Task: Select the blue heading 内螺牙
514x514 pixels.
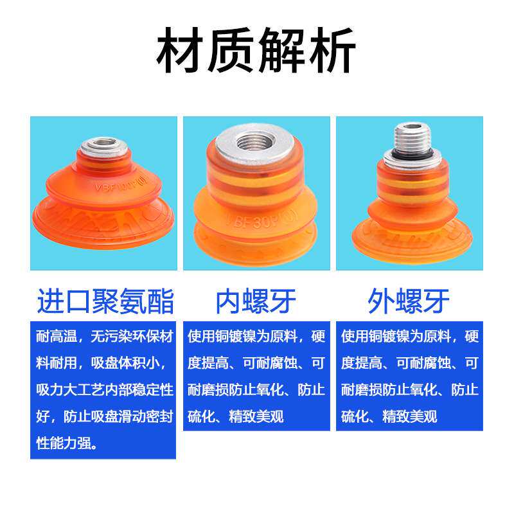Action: coord(256,301)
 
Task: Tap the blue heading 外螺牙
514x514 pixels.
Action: coord(409,301)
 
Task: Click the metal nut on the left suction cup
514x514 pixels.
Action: coord(103,145)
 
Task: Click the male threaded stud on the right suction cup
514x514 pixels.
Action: coord(409,137)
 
